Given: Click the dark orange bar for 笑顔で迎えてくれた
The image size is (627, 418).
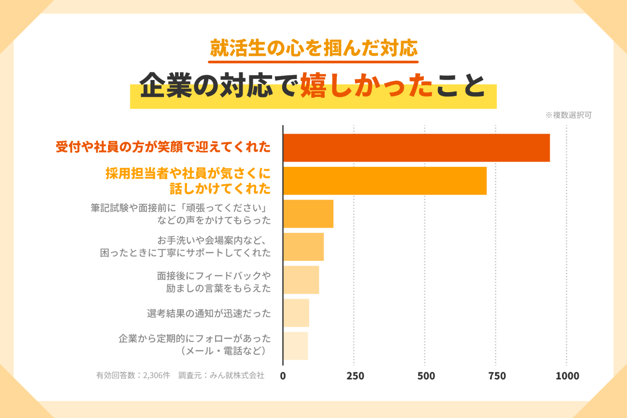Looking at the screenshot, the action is coord(417,148).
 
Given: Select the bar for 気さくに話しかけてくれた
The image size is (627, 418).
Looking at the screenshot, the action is coord(385,181).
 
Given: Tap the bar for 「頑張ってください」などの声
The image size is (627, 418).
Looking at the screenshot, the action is coord(308,214).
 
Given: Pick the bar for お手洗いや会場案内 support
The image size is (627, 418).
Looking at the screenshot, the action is coord(303,247).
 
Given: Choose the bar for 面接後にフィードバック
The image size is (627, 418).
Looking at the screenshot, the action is coord(301,280).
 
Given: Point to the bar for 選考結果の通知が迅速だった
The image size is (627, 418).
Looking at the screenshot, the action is coord(296,313).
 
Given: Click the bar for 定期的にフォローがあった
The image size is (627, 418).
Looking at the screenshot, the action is coord(296,346).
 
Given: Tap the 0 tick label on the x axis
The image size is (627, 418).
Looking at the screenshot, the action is coord(283,376).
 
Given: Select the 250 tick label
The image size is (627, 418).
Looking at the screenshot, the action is coord(355,376).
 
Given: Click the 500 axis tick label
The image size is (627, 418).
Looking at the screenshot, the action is coord(426,376).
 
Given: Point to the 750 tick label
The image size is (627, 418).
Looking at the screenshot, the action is coord(497,376).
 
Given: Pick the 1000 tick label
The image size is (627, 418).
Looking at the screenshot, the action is coord(567,376).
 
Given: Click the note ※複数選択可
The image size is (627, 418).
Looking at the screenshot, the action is coord(569,115).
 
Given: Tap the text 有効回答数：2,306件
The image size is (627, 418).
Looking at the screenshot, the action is coord(133,375).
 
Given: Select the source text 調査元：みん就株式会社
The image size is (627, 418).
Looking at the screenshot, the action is coord(221,375).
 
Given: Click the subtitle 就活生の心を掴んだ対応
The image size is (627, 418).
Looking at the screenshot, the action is coord(313,48).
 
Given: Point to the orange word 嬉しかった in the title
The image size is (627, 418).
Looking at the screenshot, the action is coord(367,85).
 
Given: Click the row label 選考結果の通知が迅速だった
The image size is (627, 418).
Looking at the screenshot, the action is coord(209,313).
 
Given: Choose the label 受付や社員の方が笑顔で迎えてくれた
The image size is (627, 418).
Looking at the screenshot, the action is coord(163,147).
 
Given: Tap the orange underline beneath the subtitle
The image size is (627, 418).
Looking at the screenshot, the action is coord(313,62).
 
